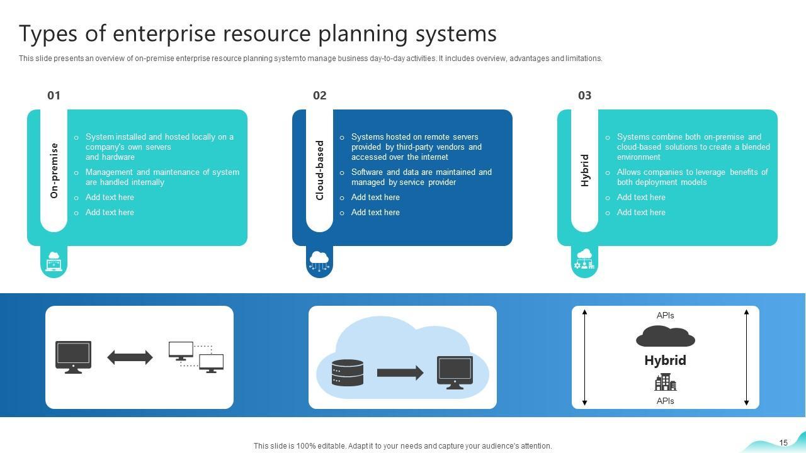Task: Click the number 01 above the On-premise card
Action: [54, 96]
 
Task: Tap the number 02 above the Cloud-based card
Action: [319, 96]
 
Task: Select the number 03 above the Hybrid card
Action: [584, 96]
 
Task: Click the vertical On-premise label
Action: [54, 171]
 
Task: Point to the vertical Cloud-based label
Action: [319, 171]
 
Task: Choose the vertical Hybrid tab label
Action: [585, 171]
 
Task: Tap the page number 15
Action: [783, 443]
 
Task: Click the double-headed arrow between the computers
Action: [130, 357]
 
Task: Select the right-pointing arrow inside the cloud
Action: [400, 372]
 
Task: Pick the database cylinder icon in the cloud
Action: [348, 372]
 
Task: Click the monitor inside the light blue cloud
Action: [455, 372]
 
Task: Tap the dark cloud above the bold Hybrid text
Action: [665, 337]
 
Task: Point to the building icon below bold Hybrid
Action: [665, 382]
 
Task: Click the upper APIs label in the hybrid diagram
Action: [665, 315]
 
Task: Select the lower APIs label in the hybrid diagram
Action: [665, 401]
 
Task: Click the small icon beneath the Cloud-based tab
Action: [319, 261]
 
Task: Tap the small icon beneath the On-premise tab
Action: [54, 261]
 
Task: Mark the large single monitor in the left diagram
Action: [74, 357]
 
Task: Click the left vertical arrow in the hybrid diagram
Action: [585, 357]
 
